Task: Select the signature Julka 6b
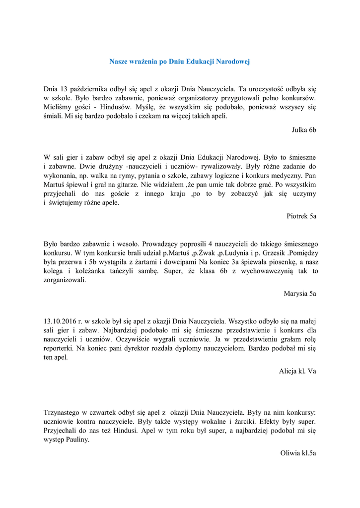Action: pos(304,129)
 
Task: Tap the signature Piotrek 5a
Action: pos(301,216)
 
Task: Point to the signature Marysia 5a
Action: pos(300,293)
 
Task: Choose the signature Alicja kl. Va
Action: pos(297,371)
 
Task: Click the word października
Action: pos(93,89)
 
